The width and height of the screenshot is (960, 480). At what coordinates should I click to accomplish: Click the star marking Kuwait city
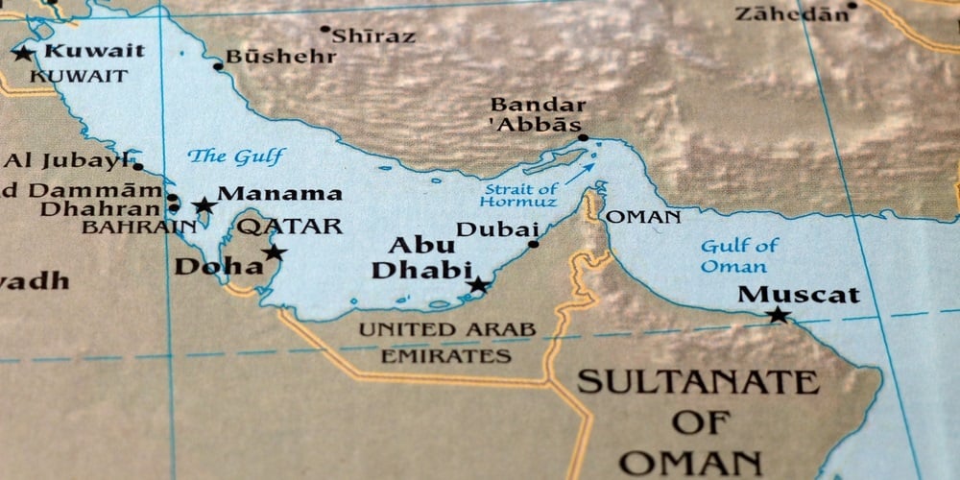tap(23, 53)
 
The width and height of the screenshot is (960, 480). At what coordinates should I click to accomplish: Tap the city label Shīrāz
tap(374, 36)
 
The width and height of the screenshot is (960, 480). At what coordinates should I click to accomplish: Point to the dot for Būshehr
tap(219, 66)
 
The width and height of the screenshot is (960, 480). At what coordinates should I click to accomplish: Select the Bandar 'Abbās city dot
tap(583, 137)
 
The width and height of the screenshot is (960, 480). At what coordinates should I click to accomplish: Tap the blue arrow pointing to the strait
tap(579, 174)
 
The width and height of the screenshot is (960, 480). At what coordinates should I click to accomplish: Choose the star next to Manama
tap(204, 204)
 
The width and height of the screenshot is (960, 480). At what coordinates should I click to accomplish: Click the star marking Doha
tap(275, 252)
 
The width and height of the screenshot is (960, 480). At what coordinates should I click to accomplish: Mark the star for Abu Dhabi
tap(477, 284)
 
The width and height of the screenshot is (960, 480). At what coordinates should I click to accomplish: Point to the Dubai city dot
tap(534, 244)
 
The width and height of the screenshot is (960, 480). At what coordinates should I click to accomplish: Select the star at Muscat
tap(778, 315)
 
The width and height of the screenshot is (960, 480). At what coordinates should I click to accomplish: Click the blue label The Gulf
tap(236, 156)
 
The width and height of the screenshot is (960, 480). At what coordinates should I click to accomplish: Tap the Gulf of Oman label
tap(738, 256)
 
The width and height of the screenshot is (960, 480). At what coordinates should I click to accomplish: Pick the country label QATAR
tap(290, 227)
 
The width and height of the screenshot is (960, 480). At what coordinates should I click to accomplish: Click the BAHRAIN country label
tap(138, 228)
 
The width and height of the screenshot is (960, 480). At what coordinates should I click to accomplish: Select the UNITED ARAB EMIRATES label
tap(447, 343)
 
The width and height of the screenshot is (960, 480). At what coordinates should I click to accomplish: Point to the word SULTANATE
tap(698, 382)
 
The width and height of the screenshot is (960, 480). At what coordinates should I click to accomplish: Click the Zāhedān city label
tap(793, 13)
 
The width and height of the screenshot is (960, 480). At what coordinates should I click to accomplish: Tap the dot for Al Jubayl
tap(138, 166)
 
